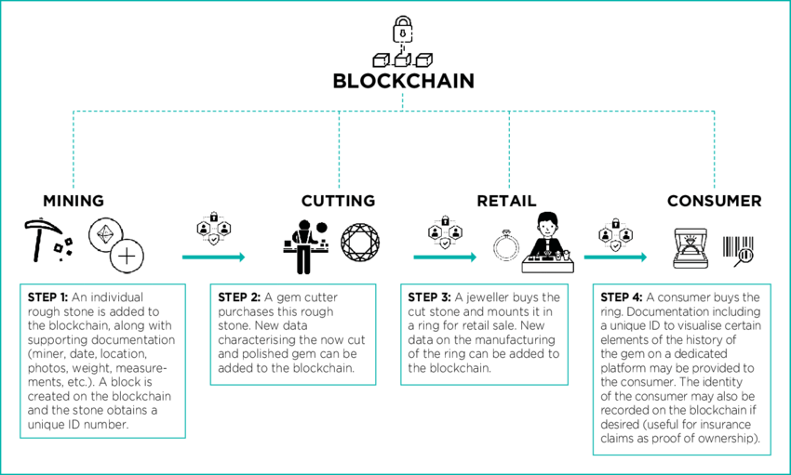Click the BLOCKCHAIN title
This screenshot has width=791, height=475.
pyautogui.click(x=403, y=81)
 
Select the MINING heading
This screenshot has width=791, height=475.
pyautogui.click(x=74, y=201)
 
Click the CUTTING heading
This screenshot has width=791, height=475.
pyautogui.click(x=338, y=201)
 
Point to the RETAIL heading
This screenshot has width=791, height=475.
pyautogui.click(x=506, y=201)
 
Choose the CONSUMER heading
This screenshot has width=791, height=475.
pyautogui.click(x=714, y=201)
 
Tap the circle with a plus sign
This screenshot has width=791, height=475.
pyautogui.click(x=127, y=256)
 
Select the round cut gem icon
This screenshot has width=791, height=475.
pyautogui.click(x=359, y=243)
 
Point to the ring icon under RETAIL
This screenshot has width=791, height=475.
pyautogui.click(x=506, y=245)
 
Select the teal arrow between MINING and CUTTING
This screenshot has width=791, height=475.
pyautogui.click(x=213, y=257)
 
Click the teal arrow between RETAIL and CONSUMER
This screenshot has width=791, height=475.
pyautogui.click(x=615, y=257)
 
